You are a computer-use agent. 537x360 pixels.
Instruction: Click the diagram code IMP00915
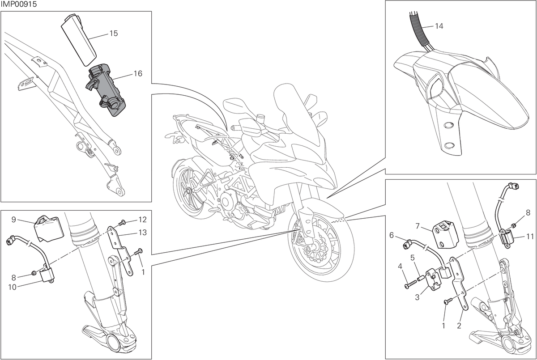pyautogui.click(x=18, y=4)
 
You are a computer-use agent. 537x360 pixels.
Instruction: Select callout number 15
pyautogui.click(x=114, y=33)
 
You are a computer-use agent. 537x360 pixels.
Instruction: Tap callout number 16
pyautogui.click(x=138, y=73)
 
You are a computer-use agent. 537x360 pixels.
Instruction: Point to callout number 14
pyautogui.click(x=439, y=26)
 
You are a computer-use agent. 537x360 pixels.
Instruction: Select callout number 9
pyautogui.click(x=14, y=220)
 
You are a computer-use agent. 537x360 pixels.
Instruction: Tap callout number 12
pyautogui.click(x=142, y=220)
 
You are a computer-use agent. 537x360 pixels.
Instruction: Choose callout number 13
pyautogui.click(x=143, y=233)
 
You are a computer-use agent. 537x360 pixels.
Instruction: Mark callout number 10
pyautogui.click(x=12, y=287)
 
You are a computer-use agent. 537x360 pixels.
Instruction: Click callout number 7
pyautogui.click(x=418, y=226)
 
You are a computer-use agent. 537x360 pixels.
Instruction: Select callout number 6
pyautogui.click(x=392, y=235)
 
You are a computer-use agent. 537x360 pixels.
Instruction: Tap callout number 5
pyautogui.click(x=412, y=258)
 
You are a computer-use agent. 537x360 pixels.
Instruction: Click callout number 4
pyautogui.click(x=400, y=266)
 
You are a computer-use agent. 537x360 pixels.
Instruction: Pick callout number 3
pyautogui.click(x=417, y=297)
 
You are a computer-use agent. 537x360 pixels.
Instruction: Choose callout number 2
pyautogui.click(x=459, y=326)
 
